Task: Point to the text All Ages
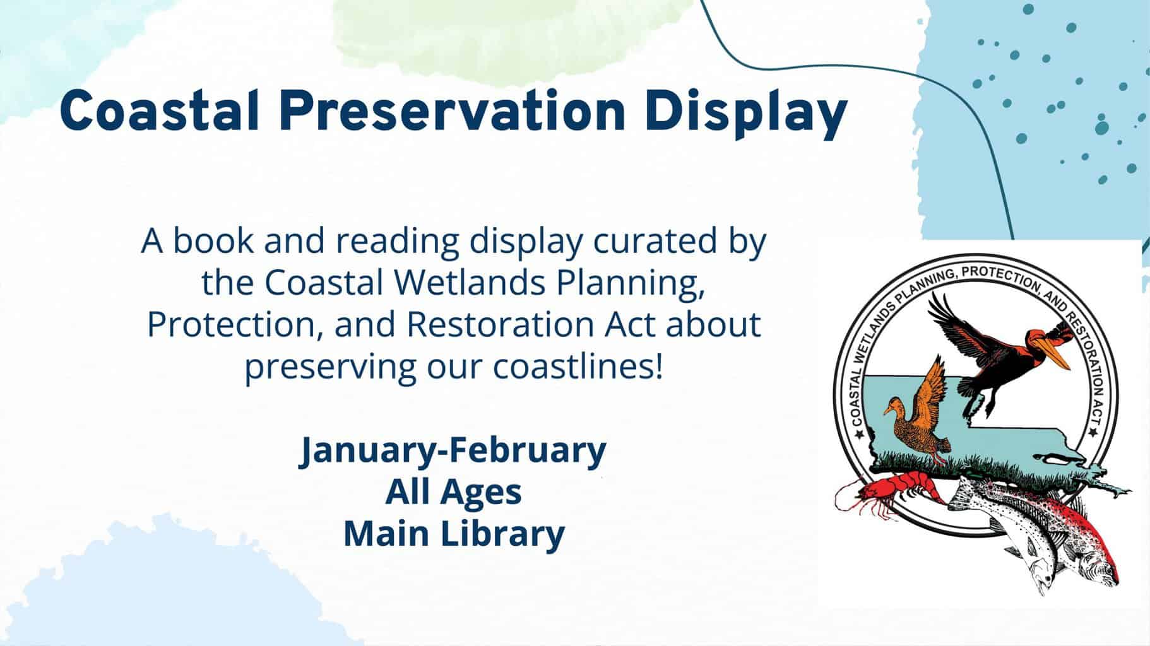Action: (x=453, y=491)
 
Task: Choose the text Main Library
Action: (x=453, y=533)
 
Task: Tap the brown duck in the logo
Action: (x=918, y=416)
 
